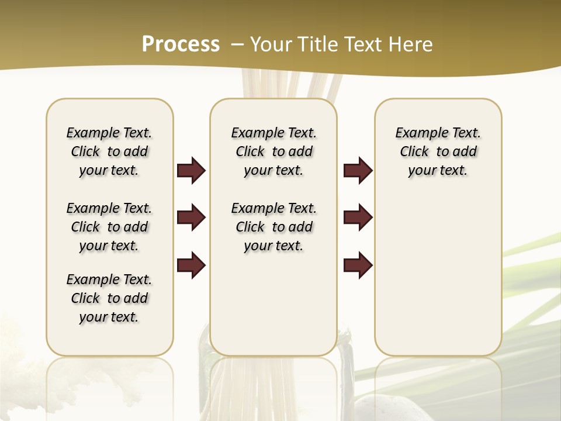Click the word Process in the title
click(x=181, y=44)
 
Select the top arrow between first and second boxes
click(x=191, y=171)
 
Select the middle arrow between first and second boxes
click(x=191, y=218)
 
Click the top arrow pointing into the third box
click(x=358, y=171)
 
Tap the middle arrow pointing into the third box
click(x=358, y=218)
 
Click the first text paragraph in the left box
click(x=109, y=151)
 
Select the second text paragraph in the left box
click(x=109, y=227)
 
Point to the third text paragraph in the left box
click(x=109, y=298)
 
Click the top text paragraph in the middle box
click(x=274, y=151)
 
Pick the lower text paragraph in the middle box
click(x=274, y=227)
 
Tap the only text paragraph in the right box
click(x=438, y=151)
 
